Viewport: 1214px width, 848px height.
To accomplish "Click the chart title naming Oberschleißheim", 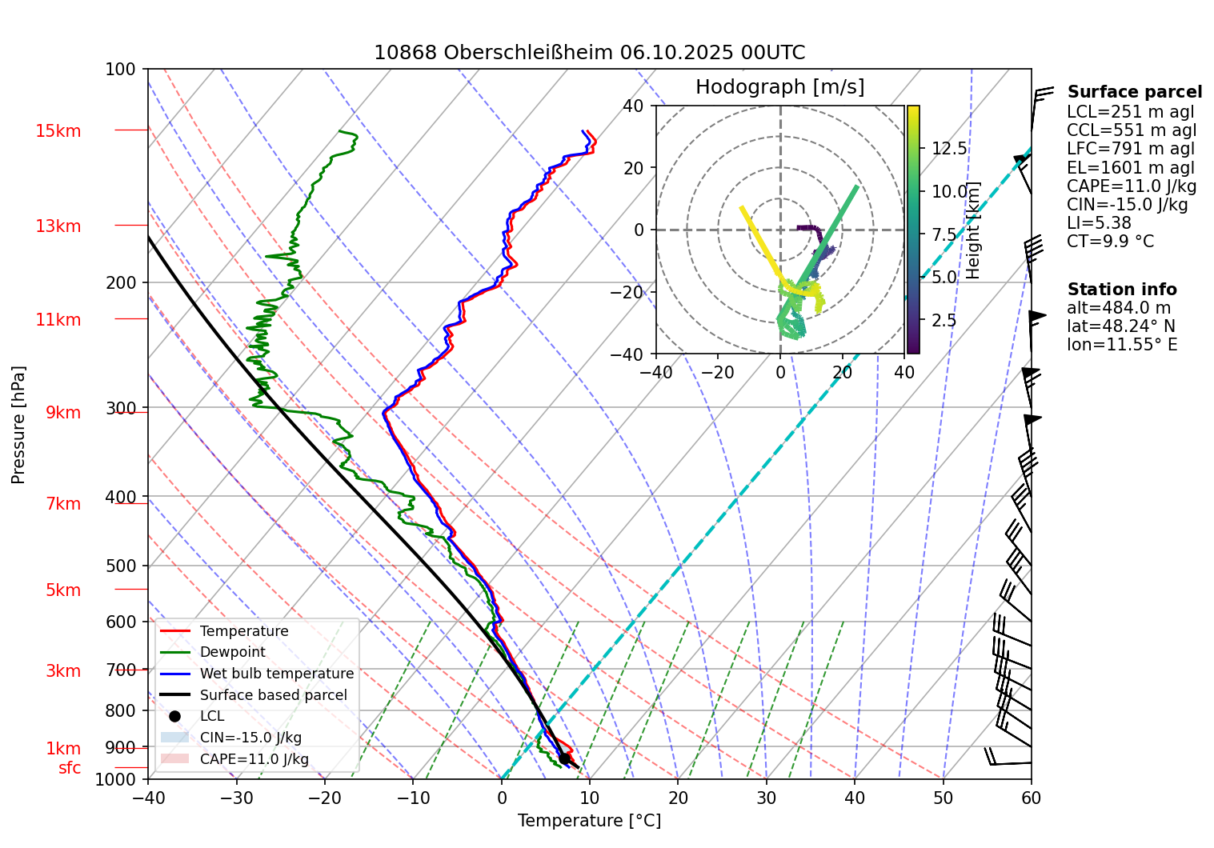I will click(589, 53).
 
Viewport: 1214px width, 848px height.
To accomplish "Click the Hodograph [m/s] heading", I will click(779, 87).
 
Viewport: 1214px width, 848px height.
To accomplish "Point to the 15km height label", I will click(58, 131).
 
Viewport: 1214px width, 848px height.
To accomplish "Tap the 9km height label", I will click(63, 413).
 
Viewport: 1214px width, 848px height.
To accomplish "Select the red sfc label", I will click(70, 768).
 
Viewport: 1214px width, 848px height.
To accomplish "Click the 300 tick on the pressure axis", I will click(121, 409).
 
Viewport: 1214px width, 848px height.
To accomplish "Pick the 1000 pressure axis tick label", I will click(116, 780).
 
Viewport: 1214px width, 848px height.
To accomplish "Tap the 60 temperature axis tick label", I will click(1031, 798).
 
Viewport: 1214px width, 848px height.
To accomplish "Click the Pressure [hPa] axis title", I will click(18, 425).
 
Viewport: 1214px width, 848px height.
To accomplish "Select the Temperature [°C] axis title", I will click(589, 821).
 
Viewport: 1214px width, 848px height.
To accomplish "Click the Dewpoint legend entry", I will click(232, 652).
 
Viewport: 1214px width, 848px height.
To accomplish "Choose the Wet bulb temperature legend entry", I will click(276, 674).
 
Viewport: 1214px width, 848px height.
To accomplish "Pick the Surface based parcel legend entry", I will click(273, 695).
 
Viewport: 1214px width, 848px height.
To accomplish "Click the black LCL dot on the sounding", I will click(564, 758).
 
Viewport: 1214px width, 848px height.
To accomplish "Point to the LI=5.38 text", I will click(1099, 223).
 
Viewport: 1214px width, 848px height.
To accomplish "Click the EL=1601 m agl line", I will click(1130, 168).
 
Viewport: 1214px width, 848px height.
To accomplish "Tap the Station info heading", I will click(1121, 290).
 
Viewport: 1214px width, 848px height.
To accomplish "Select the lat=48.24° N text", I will click(1120, 326).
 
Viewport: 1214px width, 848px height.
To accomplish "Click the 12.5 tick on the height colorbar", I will click(949, 149).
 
